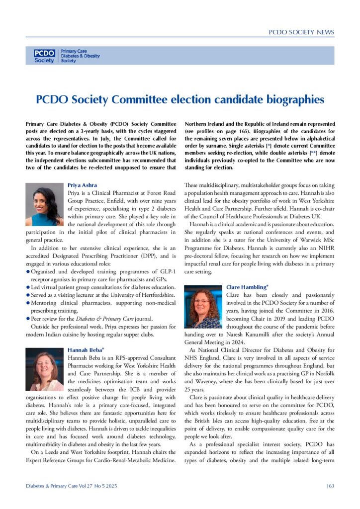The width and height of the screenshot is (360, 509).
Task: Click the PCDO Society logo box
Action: (x=44, y=56)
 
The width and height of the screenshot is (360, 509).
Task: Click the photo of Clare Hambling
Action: (x=203, y=308)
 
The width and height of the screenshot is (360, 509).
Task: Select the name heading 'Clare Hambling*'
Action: (x=247, y=287)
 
